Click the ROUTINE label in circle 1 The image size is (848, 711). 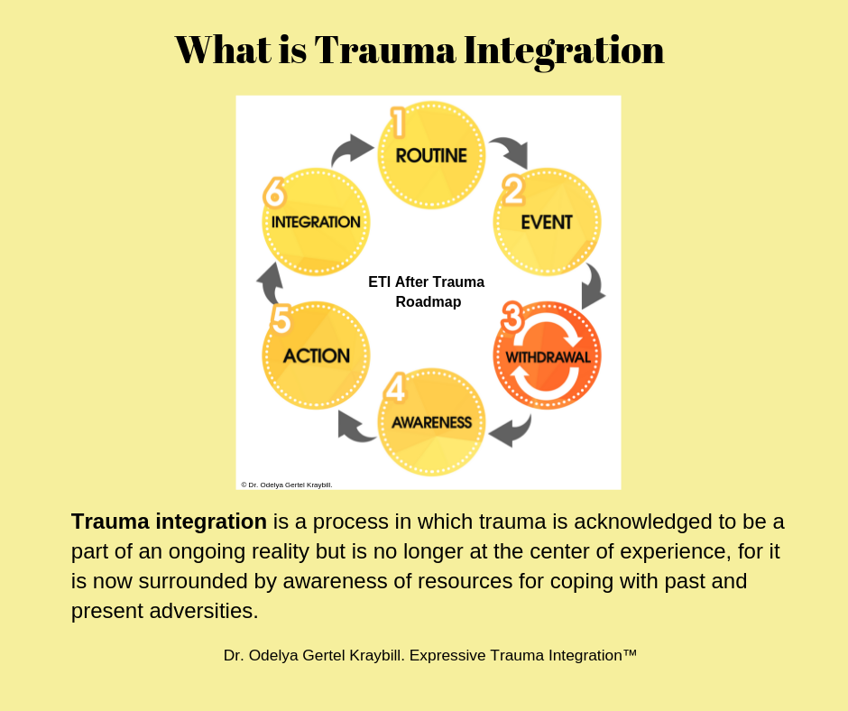(431, 155)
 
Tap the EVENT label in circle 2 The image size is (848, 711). (547, 221)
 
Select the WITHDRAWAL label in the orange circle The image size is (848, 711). (548, 356)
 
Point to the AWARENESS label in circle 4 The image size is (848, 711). (431, 421)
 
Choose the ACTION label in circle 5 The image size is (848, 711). (316, 355)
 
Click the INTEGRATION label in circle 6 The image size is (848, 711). (316, 222)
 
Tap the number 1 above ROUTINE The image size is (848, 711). (397, 123)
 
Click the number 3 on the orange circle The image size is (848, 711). (512, 319)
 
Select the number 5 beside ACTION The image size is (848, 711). (281, 320)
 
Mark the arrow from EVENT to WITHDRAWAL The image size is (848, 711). (593, 287)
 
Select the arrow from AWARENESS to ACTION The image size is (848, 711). (356, 426)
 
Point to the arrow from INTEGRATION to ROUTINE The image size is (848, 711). (352, 150)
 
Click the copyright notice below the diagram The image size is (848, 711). (287, 485)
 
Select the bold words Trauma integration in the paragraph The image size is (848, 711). (169, 522)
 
